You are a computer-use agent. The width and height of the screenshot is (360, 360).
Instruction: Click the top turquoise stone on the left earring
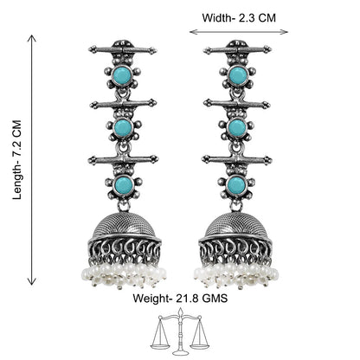tap(122, 76)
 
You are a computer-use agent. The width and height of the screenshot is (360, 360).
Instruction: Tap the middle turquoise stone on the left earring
tap(123, 128)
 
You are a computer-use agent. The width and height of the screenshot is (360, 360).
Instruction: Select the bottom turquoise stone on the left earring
tap(124, 184)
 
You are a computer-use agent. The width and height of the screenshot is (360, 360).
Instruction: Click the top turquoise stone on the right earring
tap(238, 75)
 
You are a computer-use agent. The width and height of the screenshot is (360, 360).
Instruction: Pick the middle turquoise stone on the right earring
tap(237, 127)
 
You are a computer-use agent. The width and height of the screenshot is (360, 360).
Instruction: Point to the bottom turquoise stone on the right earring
tap(236, 184)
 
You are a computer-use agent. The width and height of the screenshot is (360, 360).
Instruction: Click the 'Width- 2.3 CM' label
tap(239, 18)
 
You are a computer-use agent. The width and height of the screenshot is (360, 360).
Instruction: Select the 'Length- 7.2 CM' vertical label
tap(17, 160)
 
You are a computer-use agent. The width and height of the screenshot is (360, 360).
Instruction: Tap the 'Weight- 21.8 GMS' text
tap(180, 298)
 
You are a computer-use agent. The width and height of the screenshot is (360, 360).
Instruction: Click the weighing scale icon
tap(179, 331)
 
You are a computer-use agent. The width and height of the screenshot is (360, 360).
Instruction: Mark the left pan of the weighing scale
tap(160, 344)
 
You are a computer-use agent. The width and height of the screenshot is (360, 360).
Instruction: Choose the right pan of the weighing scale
tap(200, 344)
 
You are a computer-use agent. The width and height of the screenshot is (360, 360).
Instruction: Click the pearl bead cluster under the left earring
tap(124, 276)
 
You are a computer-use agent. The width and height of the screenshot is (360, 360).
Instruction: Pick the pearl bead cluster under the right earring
tap(236, 276)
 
